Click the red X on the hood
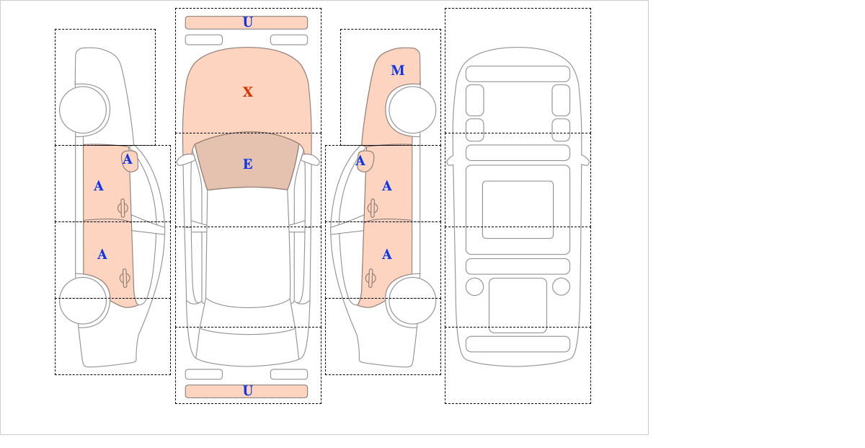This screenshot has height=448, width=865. [x=248, y=92]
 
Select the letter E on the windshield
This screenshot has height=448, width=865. [x=248, y=164]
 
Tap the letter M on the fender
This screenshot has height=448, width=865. [x=398, y=71]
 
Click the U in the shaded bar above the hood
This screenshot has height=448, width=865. [x=248, y=22]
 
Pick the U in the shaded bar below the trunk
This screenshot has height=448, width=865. [x=248, y=391]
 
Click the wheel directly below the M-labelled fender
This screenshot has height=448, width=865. [x=412, y=110]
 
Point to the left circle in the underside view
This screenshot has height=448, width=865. [x=474, y=287]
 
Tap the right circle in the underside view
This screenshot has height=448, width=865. [x=561, y=287]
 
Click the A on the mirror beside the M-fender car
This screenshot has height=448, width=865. [x=360, y=161]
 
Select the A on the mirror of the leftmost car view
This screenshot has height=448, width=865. [x=127, y=159]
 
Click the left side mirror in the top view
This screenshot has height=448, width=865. [x=185, y=159]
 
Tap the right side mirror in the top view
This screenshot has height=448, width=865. [x=311, y=159]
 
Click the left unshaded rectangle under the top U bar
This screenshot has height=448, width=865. [x=204, y=40]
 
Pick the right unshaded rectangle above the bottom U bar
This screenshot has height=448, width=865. [x=289, y=374]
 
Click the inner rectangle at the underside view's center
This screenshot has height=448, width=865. [x=518, y=209]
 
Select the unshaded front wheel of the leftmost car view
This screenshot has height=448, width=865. [x=83, y=110]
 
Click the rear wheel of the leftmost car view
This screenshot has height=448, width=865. [x=83, y=300]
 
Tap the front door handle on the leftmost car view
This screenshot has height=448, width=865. [x=123, y=208]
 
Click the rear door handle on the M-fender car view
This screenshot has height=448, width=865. [x=371, y=278]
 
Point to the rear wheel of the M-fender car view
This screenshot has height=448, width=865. [x=412, y=300]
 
